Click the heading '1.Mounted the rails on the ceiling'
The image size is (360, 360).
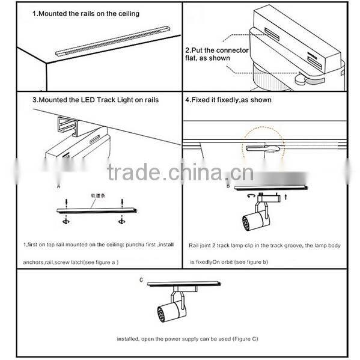pos(86,13)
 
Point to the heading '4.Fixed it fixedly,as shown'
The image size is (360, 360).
pos(228,100)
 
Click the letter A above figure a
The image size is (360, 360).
pos(58,187)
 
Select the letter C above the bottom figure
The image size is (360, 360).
pos(141,280)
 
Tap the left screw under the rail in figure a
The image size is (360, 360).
pos(64,222)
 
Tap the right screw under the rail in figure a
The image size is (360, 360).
pos(122,222)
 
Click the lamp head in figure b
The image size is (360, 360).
pos(252,221)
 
